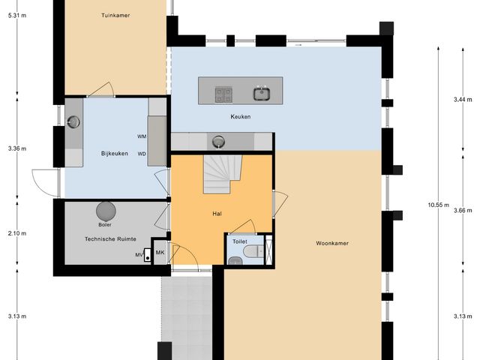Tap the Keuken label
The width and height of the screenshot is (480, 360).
click(x=240, y=117)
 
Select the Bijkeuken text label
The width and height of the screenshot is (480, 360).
click(x=115, y=154)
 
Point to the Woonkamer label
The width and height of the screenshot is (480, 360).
click(x=332, y=243)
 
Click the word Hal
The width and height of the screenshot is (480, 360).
click(x=217, y=214)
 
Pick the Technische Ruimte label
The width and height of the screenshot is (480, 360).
click(x=109, y=238)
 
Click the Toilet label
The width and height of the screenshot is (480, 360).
click(x=240, y=242)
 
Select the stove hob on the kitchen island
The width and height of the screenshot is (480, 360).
click(x=223, y=94)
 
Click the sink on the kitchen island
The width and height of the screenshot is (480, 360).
click(x=261, y=94)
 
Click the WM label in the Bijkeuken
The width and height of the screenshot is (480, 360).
click(x=142, y=136)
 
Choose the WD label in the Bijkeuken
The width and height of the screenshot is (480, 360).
click(x=142, y=154)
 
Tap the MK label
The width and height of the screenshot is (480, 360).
click(x=160, y=253)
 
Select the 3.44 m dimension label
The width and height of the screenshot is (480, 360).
click(x=463, y=99)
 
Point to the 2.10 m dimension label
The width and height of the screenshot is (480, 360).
click(x=16, y=233)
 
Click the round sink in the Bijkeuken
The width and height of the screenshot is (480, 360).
click(x=73, y=123)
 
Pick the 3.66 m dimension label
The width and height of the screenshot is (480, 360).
click(x=463, y=211)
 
